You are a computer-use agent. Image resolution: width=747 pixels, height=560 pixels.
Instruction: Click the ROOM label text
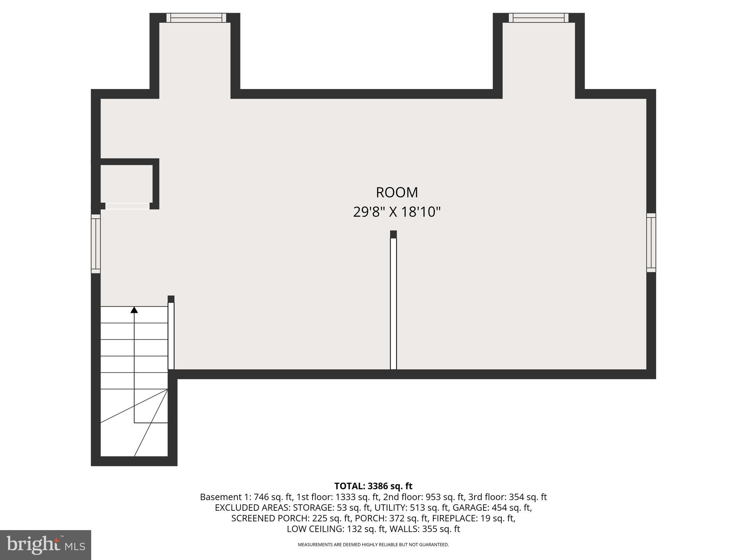pyautogui.click(x=397, y=192)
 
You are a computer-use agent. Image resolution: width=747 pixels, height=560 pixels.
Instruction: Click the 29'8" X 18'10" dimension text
pyautogui.click(x=397, y=212)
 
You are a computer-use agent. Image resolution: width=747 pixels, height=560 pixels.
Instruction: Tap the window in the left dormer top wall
pyautogui.click(x=196, y=18)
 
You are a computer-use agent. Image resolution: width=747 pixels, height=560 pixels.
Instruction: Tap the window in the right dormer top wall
pyautogui.click(x=538, y=18)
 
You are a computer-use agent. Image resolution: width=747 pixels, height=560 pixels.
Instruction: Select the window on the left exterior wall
pyautogui.click(x=96, y=244)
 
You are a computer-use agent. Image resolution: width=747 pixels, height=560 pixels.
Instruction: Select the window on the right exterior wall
pyautogui.click(x=651, y=242)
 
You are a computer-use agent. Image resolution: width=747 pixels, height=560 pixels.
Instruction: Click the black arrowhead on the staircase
pyautogui.click(x=134, y=310)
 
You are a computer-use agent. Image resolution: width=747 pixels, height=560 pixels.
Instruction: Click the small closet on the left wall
pyautogui.click(x=126, y=183)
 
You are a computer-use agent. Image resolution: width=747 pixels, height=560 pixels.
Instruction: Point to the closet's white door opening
pyautogui.click(x=127, y=206)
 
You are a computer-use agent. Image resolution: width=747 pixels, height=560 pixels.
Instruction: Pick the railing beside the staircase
pyautogui.click(x=171, y=335)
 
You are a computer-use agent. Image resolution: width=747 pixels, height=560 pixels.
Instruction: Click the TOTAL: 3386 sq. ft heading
pyautogui.click(x=373, y=486)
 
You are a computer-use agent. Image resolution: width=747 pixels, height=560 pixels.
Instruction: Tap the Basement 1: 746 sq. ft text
pyautogui.click(x=246, y=497)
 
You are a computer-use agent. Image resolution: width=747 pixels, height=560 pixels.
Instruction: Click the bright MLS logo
pyautogui.click(x=46, y=545)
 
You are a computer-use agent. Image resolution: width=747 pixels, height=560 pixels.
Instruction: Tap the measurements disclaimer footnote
pyautogui.click(x=373, y=545)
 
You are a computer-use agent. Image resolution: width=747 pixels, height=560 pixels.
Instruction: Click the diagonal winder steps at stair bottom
pyautogui.click(x=142, y=423)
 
